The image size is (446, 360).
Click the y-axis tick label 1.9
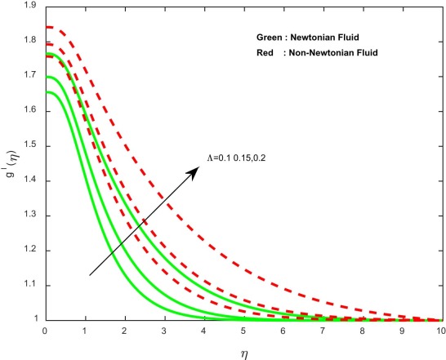(x=30, y=6)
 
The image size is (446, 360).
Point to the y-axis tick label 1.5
(x=30, y=146)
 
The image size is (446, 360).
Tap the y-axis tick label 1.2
(x=30, y=251)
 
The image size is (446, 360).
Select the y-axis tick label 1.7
(x=30, y=76)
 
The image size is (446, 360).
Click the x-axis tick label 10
(x=440, y=332)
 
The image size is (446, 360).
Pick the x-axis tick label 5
(x=243, y=332)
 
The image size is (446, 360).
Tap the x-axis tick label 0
(x=44, y=332)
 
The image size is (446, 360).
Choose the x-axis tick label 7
(x=322, y=332)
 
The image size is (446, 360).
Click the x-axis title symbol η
(x=243, y=352)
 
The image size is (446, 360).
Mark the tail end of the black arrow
(x=89, y=275)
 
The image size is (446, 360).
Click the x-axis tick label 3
(x=163, y=332)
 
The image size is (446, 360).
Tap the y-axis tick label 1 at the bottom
(x=33, y=320)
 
